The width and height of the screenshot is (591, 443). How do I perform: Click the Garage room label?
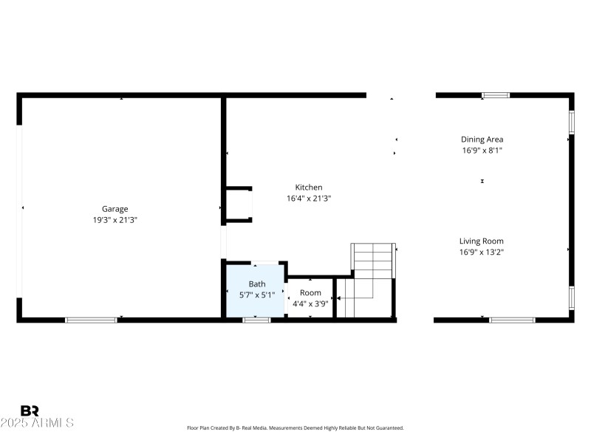tap(115, 209)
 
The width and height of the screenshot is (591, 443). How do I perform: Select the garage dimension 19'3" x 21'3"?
tap(115, 220)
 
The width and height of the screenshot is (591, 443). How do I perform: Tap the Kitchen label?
tap(309, 188)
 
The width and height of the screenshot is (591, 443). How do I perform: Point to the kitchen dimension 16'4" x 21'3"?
tap(309, 199)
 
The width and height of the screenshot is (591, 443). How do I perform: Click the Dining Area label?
tap(482, 139)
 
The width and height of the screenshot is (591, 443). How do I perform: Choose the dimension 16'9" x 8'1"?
tap(482, 150)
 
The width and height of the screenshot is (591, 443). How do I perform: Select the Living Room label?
tap(482, 241)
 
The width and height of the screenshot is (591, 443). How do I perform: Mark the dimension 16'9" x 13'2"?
tap(482, 252)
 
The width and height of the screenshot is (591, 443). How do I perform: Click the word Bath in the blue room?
tap(256, 284)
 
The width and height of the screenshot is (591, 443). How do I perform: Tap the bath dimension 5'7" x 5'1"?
tap(256, 295)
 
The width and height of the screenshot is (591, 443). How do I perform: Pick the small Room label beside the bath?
tap(310, 292)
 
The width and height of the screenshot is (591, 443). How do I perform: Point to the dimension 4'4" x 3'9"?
tap(310, 303)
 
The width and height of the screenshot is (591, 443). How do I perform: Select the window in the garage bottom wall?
tap(91, 320)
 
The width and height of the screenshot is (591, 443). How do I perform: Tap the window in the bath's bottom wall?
tap(256, 320)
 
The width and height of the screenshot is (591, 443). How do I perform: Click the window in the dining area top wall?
tap(496, 95)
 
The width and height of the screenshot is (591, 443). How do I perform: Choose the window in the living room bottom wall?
tap(512, 320)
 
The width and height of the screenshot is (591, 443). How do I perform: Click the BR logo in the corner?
tap(30, 411)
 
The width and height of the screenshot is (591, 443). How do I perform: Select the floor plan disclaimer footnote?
tap(295, 428)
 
